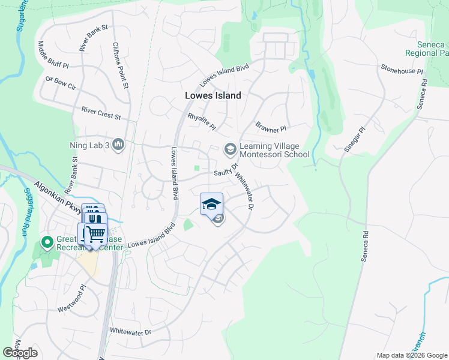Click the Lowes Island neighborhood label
tap(212, 95)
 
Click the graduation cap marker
tap(211, 204)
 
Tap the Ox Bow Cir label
tap(61, 82)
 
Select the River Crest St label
tap(101, 112)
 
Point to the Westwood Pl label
tap(73, 303)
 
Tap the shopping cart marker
tap(95, 234)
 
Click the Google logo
tap(20, 353)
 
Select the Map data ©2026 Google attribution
tap(412, 355)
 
